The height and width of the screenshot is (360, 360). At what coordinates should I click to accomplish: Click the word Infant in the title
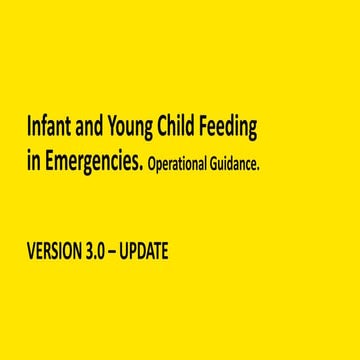click(49, 128)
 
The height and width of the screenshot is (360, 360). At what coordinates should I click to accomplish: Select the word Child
click(179, 128)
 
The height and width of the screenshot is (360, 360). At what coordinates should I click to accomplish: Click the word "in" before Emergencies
click(33, 164)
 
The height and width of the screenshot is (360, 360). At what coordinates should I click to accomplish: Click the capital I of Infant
click(29, 128)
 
